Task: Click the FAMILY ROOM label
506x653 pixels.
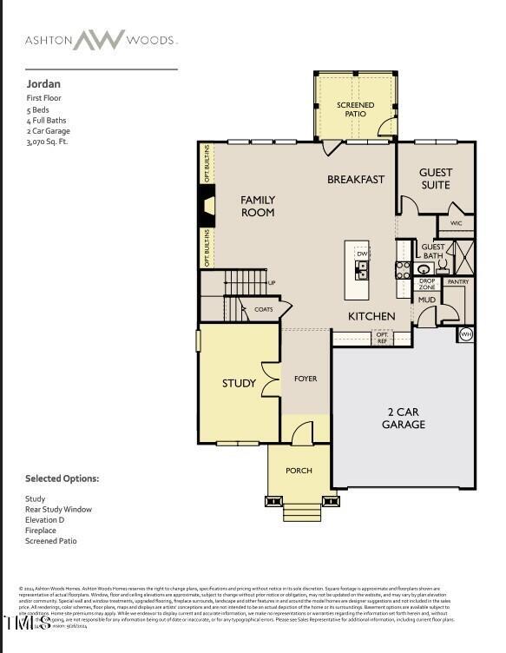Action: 258,206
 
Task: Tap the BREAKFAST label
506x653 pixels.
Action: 355,180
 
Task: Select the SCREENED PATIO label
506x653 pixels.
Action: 355,109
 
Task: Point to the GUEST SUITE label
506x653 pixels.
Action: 435,179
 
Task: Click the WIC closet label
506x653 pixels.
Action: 456,224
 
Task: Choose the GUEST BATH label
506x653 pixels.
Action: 432,252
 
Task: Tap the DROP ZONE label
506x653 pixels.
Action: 427,283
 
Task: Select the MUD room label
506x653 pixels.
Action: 427,300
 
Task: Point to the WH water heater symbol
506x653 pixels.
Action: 465,333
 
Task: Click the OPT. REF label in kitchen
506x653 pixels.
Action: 382,339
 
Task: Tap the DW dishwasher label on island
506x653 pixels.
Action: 362,254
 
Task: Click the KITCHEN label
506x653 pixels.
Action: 371,317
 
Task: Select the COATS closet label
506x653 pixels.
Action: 264,309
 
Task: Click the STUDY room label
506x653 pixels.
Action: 239,383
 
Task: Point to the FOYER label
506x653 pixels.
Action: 305,379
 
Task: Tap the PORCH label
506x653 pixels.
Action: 299,471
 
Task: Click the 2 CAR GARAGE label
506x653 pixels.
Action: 404,419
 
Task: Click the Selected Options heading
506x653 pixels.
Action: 62,478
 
